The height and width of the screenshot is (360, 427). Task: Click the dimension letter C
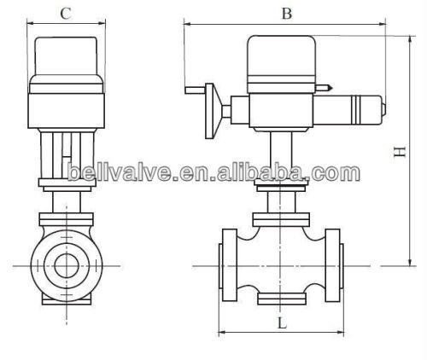(66, 14)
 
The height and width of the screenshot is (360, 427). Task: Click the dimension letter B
(286, 13)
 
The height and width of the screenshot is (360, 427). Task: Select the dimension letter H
(398, 149)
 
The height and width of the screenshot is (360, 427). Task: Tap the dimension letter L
(280, 325)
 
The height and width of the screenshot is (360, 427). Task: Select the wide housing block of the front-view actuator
(67, 109)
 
